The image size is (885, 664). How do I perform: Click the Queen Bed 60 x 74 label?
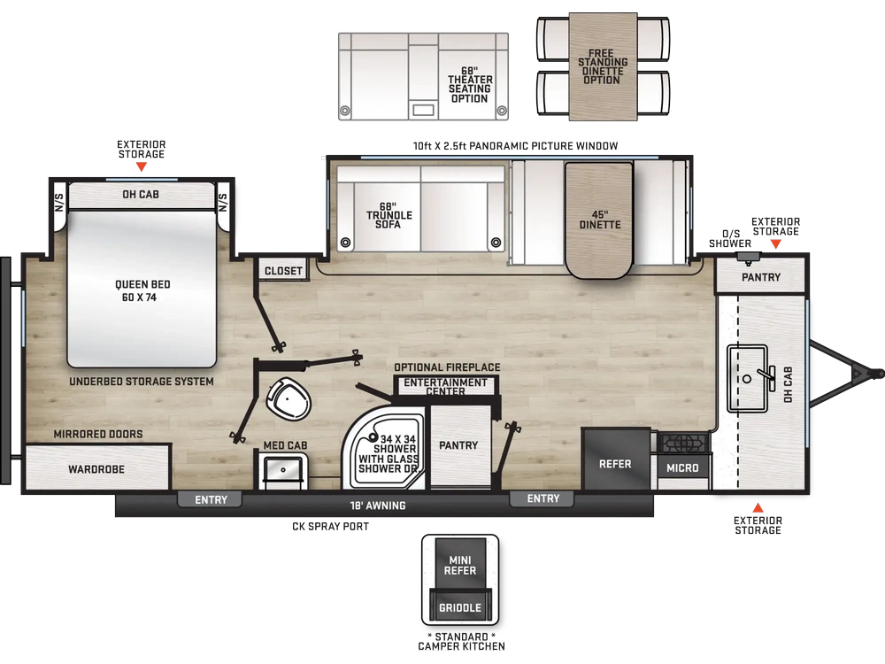142,290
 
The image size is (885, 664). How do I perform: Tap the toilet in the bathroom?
288,398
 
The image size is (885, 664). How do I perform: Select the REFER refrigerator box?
616,459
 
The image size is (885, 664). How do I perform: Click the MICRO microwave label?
682,468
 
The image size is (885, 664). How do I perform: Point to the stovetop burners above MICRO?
683,443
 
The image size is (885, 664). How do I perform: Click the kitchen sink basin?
747,378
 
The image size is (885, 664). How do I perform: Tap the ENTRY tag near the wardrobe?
211,499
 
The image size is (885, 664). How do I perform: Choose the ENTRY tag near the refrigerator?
543,498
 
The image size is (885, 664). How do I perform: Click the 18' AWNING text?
378,506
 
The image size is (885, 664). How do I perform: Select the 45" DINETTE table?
599,220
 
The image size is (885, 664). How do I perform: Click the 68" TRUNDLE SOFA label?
389,215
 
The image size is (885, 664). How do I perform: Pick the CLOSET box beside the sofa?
283,270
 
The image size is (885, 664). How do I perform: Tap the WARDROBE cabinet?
97,467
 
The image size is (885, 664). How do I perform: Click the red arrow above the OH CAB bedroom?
141,167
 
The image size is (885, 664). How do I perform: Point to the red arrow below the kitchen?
758,507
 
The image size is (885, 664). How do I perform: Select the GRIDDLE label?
460,608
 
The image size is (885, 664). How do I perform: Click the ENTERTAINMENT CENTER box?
445,386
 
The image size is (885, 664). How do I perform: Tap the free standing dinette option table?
603,66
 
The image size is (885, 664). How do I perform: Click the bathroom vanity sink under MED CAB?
283,469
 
